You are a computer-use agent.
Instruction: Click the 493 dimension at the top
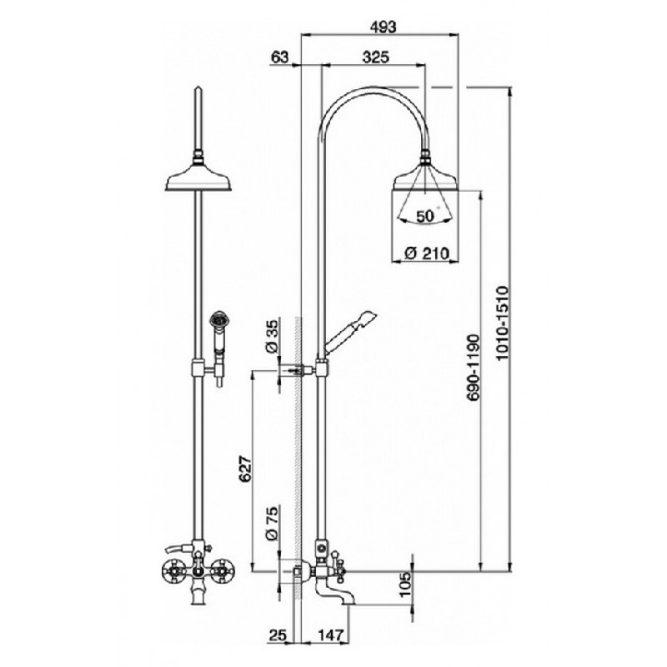pos(383,27)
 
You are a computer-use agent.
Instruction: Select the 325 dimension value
pos(376,57)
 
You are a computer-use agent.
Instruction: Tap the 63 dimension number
pos(279,57)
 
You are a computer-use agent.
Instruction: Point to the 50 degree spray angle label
pos(427,216)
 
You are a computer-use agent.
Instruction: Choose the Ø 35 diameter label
pos(272,336)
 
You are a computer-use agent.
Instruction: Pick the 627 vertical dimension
pos(245,469)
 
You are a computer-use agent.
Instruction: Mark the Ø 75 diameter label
pos(272,523)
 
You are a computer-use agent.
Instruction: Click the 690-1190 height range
pos(472,368)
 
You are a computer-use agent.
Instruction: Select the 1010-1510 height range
pos(503,323)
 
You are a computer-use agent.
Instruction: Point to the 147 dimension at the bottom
pos(329,635)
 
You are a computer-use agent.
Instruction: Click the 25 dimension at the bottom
pos(278,635)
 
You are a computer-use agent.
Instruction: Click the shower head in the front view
pos(198,178)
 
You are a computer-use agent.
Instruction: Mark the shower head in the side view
pos(425,178)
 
